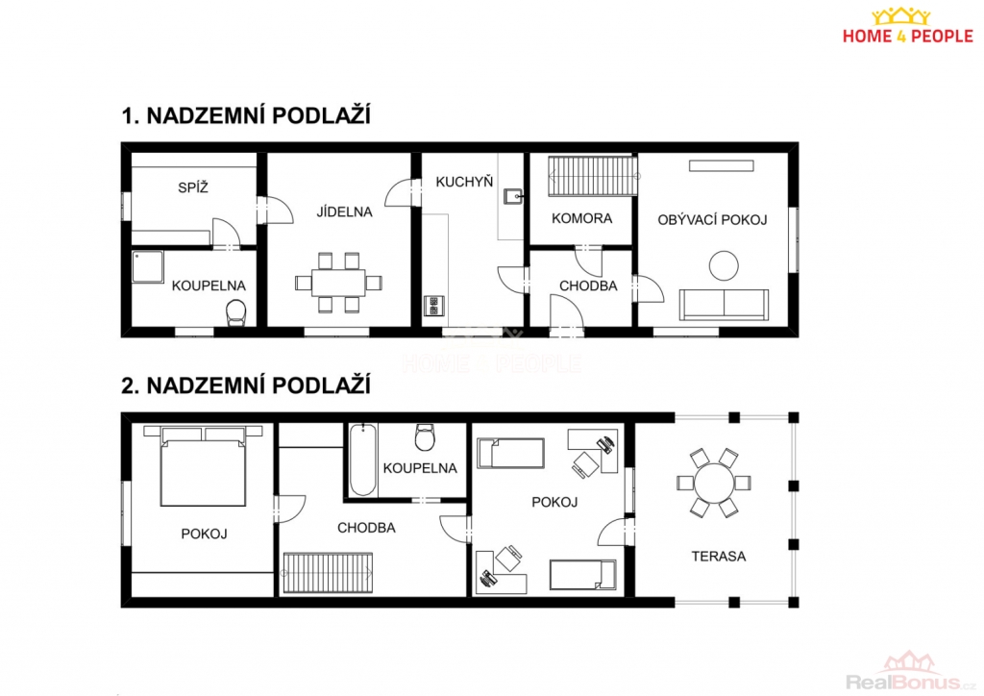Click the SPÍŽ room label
coord(192,187)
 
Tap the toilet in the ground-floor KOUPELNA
coord(236,312)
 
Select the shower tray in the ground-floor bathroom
coord(147,266)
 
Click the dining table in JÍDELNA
coord(339,283)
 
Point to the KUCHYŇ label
coord(464,182)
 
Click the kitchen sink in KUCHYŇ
coord(513,196)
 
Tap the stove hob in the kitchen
coord(433,306)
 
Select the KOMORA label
coord(581,218)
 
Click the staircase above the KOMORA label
coord(593,176)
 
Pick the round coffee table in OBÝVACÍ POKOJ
coord(724,265)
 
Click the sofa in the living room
coord(725,305)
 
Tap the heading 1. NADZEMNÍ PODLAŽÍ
coord(246,116)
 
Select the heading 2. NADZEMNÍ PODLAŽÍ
coord(246,385)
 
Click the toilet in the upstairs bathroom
coord(425,437)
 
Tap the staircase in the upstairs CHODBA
coord(328,572)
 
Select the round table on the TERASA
coord(714,483)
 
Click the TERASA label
coord(719,556)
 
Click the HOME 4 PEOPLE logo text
coord(907,37)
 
